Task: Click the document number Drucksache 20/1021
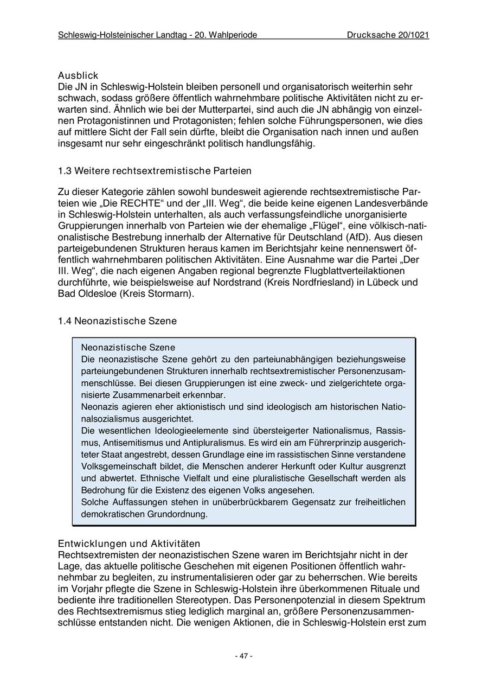click(x=388, y=35)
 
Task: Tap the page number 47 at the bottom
click(x=243, y=656)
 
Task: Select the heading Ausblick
click(x=78, y=76)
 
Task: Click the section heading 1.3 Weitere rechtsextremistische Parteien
click(x=155, y=171)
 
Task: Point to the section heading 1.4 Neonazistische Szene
click(x=117, y=321)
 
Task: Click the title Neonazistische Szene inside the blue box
click(x=128, y=347)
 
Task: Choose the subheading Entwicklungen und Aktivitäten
click(x=129, y=544)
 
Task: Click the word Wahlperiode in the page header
click(x=230, y=35)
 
